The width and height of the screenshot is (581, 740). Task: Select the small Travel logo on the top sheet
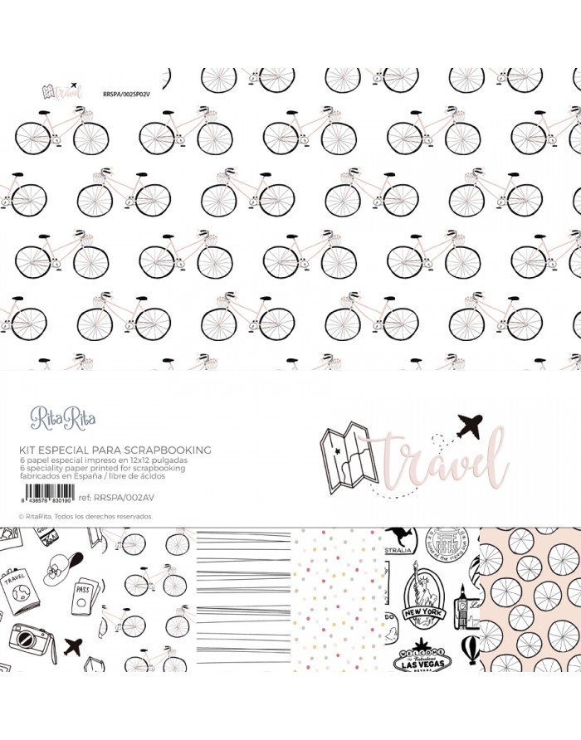(x=63, y=90)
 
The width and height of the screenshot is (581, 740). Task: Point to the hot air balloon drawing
(x=470, y=650)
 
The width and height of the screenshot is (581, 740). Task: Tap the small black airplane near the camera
(x=72, y=645)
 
